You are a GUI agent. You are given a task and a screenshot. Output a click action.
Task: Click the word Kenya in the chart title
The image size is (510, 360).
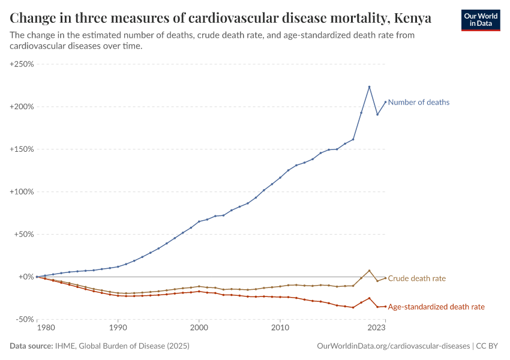(x=412, y=19)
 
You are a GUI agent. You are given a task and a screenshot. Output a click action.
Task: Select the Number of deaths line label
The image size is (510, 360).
(x=418, y=102)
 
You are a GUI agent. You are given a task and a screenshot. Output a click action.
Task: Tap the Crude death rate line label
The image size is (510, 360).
(x=416, y=278)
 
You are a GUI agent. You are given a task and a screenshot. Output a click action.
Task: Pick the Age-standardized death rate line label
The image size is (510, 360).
(x=436, y=307)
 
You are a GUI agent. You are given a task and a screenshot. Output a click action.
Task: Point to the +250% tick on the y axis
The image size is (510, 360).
(x=22, y=64)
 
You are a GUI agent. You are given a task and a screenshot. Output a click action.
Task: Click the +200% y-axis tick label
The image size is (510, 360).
(x=22, y=107)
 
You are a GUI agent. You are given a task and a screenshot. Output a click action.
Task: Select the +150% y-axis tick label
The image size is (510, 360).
(x=22, y=149)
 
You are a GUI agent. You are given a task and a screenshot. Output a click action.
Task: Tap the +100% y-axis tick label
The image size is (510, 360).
(x=22, y=192)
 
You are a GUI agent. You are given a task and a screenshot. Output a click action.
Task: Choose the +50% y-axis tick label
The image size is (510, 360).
(x=23, y=235)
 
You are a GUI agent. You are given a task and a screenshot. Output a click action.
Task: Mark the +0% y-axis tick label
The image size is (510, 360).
(x=25, y=277)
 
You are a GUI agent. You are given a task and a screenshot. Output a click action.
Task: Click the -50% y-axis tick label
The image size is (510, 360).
(x=24, y=320)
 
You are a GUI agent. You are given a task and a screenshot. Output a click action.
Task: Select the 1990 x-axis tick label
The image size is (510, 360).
(x=118, y=328)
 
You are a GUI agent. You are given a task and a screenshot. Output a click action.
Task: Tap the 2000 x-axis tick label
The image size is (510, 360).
(x=199, y=328)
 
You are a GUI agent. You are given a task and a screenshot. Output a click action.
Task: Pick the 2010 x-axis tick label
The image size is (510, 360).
(x=280, y=328)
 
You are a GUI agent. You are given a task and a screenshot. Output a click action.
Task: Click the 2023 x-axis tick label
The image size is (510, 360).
(x=376, y=328)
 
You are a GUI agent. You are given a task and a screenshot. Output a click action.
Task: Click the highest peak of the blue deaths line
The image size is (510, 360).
(x=369, y=86)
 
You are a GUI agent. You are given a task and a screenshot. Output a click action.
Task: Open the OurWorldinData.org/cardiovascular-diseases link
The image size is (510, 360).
(x=393, y=346)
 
